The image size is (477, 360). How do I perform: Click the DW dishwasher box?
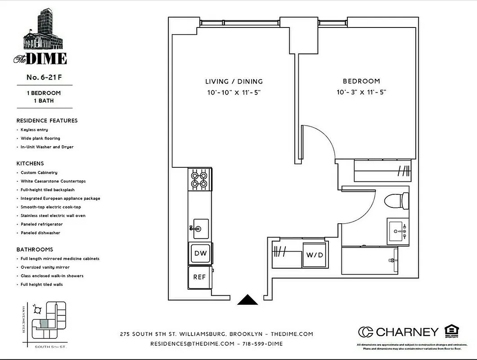tap(200, 253)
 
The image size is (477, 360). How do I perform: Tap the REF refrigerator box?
tap(199, 277)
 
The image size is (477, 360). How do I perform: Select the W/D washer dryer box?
tap(315, 255)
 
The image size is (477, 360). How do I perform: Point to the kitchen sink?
tap(199, 229)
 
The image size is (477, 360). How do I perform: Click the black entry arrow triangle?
tap(247, 300)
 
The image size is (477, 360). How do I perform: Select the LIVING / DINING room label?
tap(234, 81)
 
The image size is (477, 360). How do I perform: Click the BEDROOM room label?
tap(361, 81)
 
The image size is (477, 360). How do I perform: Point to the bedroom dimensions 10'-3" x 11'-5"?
tap(361, 92)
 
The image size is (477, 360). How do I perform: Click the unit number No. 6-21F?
tap(44, 77)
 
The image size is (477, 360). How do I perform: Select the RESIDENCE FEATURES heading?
tap(47, 121)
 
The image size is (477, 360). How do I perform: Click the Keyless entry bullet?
tap(34, 130)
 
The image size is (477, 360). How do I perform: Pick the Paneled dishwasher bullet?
tap(40, 233)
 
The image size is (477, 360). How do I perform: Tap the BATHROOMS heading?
tap(35, 249)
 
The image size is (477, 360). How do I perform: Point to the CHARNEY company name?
tap(407, 332)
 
